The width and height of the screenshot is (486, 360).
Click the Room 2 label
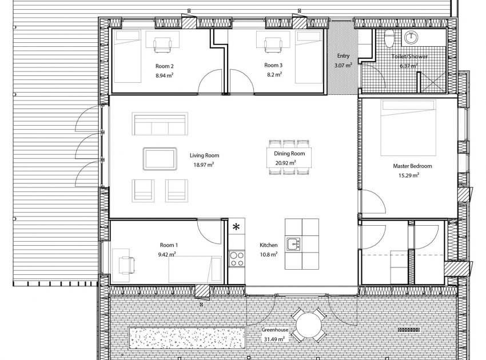coord(164,66)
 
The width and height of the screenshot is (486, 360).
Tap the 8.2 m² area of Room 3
coord(273,74)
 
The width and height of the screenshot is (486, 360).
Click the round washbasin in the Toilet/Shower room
coord(411,38)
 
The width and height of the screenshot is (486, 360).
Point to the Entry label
coord(343,56)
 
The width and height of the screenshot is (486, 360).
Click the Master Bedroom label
coord(412,166)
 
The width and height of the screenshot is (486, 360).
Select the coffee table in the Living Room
coord(160,158)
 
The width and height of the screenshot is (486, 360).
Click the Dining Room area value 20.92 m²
coord(285,162)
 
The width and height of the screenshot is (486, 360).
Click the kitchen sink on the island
coord(294,245)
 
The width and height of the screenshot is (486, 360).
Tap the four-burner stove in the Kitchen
coord(236,259)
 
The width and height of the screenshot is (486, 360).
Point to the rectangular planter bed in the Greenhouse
coord(188,339)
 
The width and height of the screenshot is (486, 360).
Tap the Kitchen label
coord(268,245)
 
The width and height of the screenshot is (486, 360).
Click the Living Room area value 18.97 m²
coord(204,165)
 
